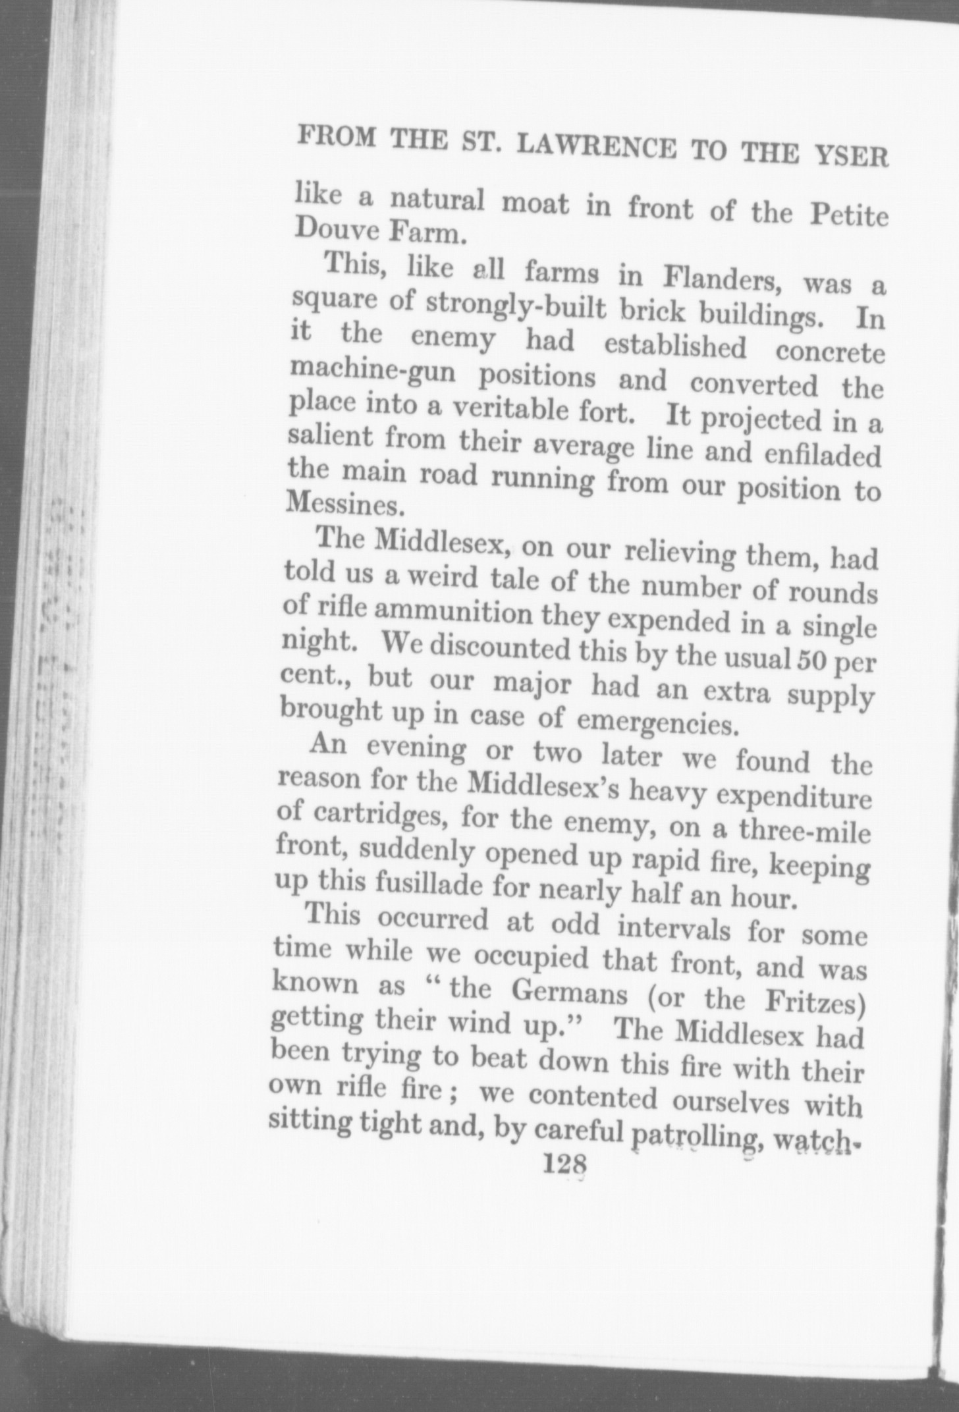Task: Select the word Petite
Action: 850,214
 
